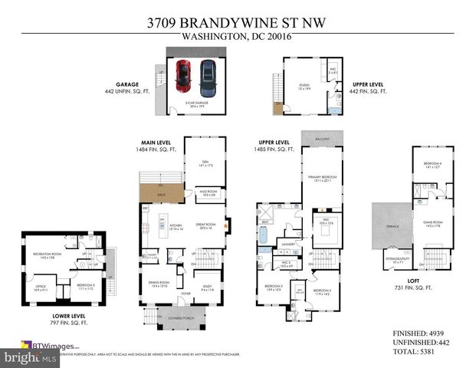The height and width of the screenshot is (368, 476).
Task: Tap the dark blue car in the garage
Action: click(207, 75)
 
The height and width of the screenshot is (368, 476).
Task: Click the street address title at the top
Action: click(238, 23)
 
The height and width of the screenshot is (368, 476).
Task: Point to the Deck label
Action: click(161, 195)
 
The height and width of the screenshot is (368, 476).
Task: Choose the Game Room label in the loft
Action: click(428, 224)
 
